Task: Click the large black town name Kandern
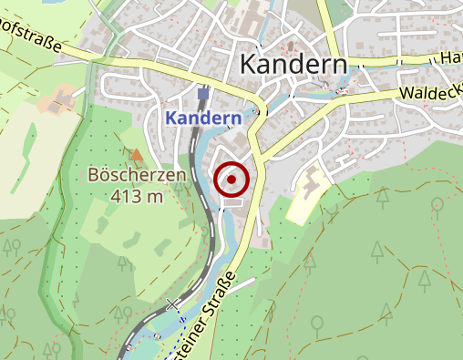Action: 293,65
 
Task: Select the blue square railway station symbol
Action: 202,93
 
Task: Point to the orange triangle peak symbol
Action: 137,156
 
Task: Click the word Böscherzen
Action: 137,175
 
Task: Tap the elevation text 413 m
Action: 137,194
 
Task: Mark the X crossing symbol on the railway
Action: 173,304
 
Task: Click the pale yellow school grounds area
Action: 308,193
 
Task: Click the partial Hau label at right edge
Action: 450,57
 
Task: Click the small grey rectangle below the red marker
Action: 233,204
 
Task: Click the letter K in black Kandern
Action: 248,65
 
